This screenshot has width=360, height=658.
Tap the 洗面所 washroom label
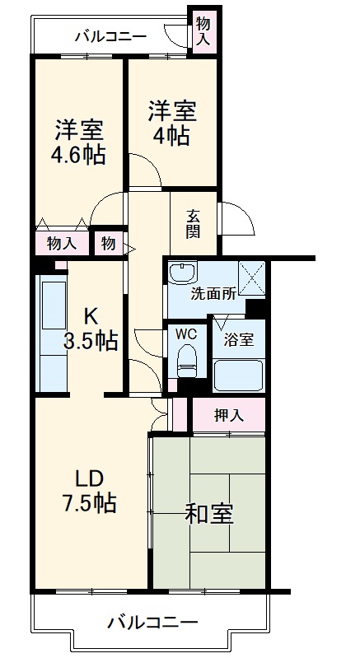[214, 294]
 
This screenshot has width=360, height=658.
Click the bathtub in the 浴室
[238, 376]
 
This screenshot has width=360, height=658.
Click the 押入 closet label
[228, 416]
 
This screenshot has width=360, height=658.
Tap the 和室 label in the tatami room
[208, 515]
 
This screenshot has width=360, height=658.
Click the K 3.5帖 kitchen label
[91, 329]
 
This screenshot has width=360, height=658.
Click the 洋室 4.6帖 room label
[80, 142]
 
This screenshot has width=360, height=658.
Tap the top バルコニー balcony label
[110, 36]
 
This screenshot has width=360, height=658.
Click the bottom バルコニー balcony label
[152, 623]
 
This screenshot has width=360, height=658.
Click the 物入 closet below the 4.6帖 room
[62, 243]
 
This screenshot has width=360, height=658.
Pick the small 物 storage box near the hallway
[109, 243]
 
